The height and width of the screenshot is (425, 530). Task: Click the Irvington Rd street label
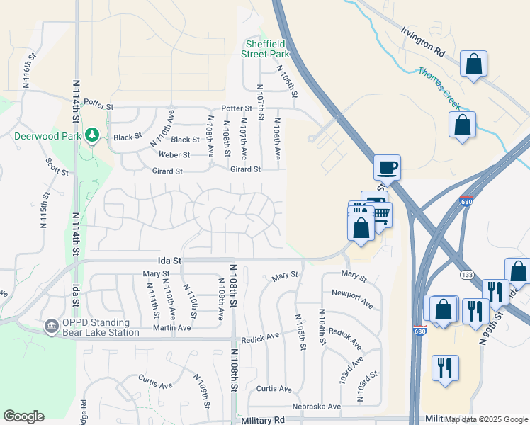[x=422, y=42]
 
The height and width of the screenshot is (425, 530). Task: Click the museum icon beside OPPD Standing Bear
[x=51, y=326]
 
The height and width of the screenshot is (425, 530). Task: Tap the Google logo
[x=23, y=416]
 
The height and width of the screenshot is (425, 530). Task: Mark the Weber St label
[x=174, y=154]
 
